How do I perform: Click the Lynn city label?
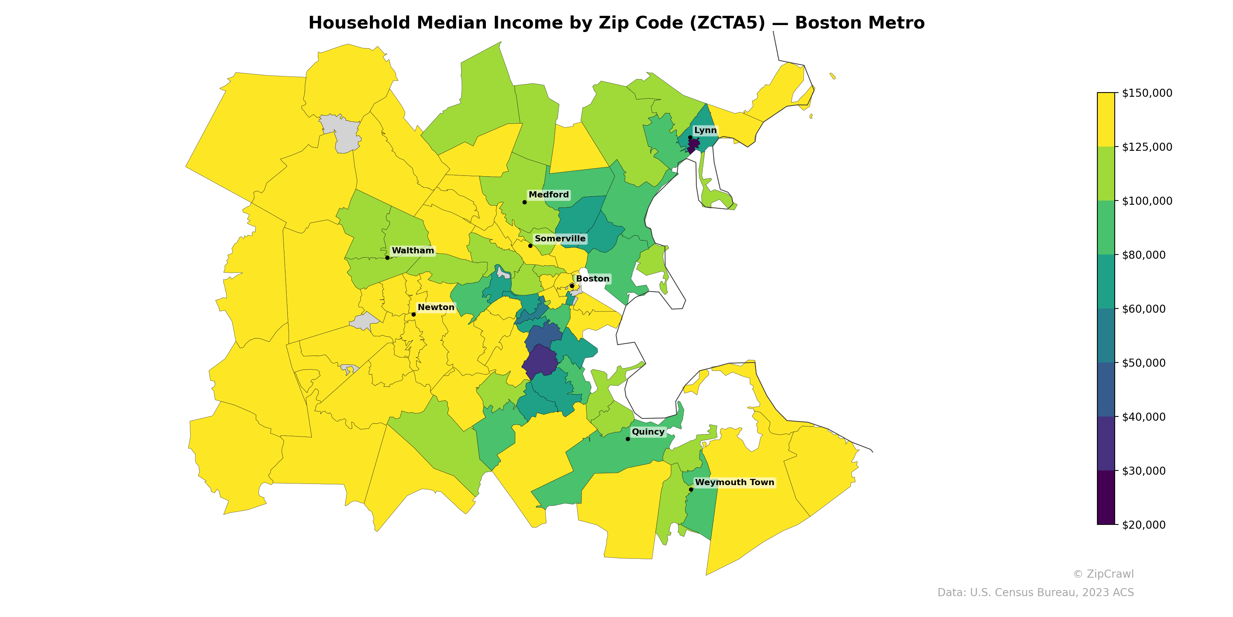705,130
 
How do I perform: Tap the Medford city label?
549,194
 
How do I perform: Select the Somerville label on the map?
559,239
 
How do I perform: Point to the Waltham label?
413,251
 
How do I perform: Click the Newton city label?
435,307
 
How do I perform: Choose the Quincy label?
648,432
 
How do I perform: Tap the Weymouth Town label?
734,482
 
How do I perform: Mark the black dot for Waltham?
387,258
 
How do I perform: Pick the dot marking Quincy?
628,439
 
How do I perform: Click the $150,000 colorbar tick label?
1147,93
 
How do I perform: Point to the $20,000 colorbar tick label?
1144,525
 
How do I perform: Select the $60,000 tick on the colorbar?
1144,309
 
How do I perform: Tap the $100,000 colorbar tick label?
1147,201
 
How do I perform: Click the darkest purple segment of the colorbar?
1106,497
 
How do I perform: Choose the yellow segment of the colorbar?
1106,120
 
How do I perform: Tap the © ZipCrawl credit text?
1103,574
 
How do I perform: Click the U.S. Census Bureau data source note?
1035,593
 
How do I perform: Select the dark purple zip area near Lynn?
694,143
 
